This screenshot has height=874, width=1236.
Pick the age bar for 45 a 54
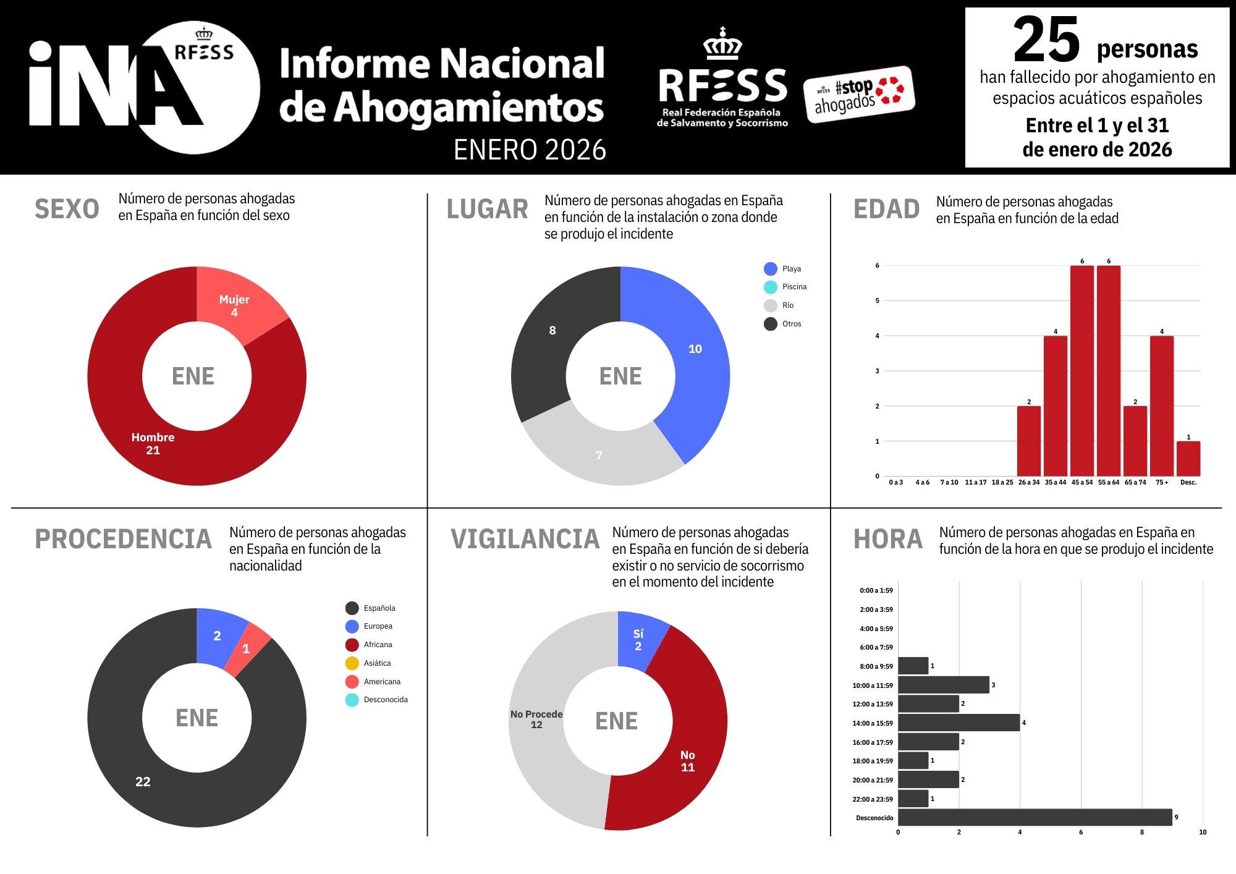coord(1081,371)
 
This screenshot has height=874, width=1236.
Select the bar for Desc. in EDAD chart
coord(1188,459)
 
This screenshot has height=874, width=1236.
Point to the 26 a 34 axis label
coord(1028,482)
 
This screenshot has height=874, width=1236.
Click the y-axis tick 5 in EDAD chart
coord(877,301)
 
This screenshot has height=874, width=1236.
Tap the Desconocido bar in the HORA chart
coord(1035,817)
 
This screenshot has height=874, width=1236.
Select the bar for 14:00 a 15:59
coord(958,723)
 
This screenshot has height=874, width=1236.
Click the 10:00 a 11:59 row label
coord(872,685)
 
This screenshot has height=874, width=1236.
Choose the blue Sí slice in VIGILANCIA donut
coord(640,640)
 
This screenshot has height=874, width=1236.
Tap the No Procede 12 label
coord(536,719)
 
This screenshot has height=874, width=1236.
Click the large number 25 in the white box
coord(1046,41)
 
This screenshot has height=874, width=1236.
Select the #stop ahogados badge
coord(858,95)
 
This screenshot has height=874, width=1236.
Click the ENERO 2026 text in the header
coord(530,150)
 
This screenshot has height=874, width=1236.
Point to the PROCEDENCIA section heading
coord(123,539)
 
